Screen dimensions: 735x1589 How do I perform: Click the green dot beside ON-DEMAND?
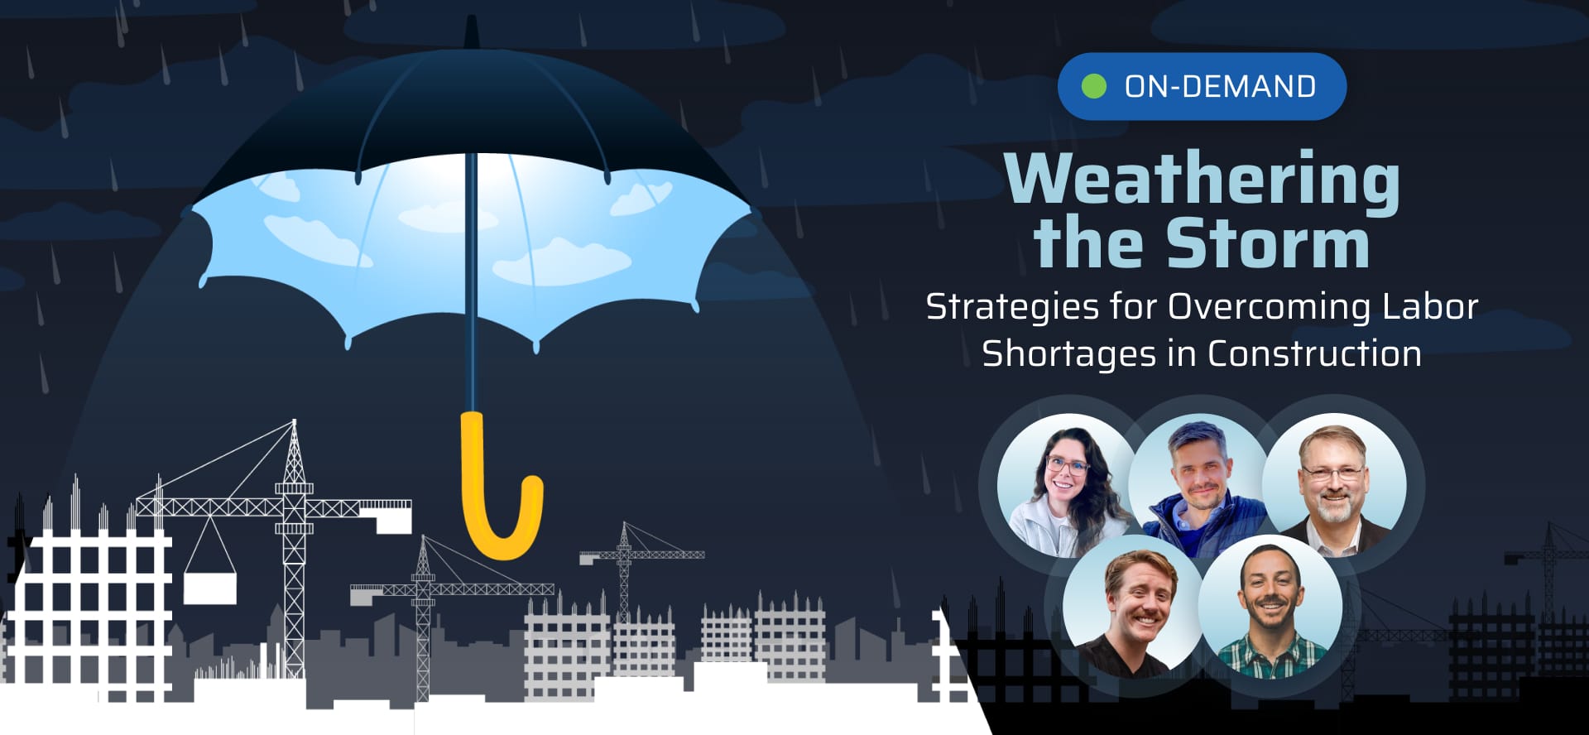[1094, 86]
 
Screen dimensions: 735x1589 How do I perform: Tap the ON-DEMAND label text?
[1220, 86]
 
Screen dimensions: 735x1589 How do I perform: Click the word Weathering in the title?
[1202, 179]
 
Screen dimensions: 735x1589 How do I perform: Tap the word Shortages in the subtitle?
[1068, 354]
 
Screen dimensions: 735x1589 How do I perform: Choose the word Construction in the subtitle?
[1314, 353]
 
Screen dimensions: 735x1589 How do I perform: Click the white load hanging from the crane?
[209, 588]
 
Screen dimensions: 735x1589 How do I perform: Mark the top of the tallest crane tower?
[294, 424]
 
